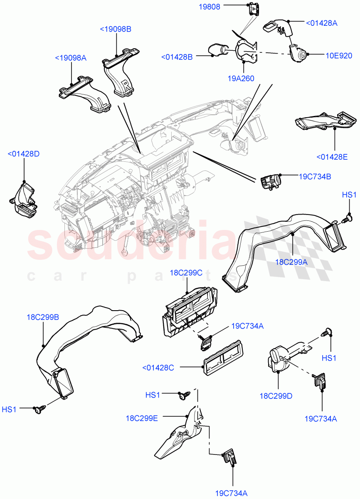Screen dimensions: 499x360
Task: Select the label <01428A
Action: (321, 23)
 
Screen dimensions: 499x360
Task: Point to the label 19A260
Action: (241, 78)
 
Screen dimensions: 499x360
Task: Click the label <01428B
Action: (177, 57)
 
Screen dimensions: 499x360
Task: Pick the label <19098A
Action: (71, 58)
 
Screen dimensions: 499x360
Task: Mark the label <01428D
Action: (23, 154)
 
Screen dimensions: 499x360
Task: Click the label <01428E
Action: (332, 157)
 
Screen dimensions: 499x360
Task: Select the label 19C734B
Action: (315, 176)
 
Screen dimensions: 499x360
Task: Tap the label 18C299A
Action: (291, 262)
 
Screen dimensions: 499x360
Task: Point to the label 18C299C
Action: (186, 273)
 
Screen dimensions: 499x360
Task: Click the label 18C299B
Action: (43, 317)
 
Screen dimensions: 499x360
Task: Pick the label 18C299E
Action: (142, 418)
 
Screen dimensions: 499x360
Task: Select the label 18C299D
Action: (276, 396)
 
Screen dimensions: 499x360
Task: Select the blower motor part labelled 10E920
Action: (298, 53)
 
